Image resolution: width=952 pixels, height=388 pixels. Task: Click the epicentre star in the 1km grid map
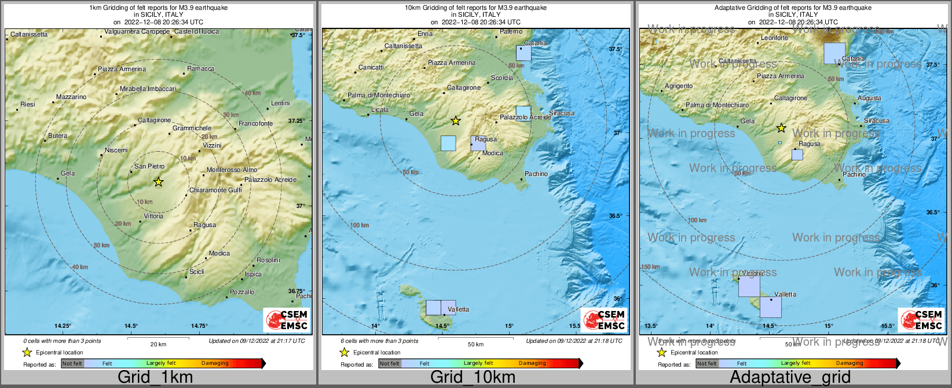point(158,182)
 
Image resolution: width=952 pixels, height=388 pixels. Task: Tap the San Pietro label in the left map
point(149,166)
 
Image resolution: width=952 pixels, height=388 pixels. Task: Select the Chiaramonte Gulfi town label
point(215,190)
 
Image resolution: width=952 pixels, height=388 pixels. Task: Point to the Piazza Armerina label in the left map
point(122,69)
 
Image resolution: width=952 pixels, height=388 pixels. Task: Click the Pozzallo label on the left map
point(242,292)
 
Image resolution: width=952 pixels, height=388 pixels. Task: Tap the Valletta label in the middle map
point(458,309)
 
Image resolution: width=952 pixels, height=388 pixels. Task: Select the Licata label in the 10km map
point(380,109)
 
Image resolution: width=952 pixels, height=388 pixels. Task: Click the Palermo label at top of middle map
point(511,32)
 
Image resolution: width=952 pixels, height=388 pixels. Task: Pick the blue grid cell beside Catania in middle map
point(523,53)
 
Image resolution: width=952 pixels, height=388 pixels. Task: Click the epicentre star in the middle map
point(456,120)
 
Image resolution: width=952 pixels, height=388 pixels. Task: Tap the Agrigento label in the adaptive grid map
point(679,86)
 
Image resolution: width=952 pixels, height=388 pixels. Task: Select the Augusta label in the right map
point(869,98)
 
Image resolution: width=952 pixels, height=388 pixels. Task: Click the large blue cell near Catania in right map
point(834,53)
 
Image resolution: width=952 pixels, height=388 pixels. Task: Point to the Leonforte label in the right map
point(774,38)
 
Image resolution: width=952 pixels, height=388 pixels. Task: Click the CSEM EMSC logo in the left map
point(287,319)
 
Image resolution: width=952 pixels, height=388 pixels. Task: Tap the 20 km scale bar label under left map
point(158,344)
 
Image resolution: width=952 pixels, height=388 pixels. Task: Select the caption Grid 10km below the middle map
point(473,378)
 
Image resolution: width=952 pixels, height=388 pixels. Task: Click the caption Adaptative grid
point(790,378)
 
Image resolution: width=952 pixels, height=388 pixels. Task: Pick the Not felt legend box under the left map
point(72,364)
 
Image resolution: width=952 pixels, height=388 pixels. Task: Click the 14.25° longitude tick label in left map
point(63,326)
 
